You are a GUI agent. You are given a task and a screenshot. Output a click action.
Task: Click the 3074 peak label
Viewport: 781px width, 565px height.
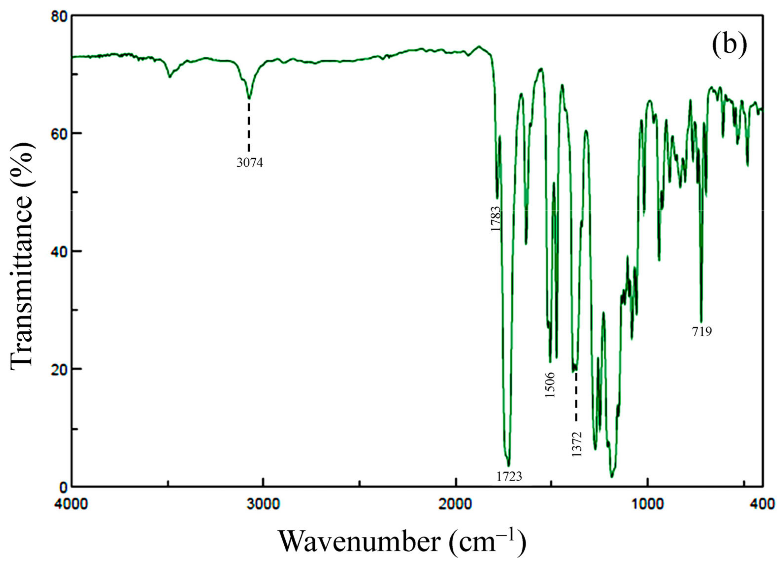tap(249, 162)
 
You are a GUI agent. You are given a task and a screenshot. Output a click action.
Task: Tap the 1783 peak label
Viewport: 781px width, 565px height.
tap(496, 219)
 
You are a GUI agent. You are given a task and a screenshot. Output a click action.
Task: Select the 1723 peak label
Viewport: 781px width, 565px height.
tap(509, 477)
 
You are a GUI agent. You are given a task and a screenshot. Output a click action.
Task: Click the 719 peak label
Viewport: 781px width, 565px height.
tap(701, 332)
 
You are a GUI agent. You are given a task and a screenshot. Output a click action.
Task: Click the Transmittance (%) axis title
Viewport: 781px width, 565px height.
tap(22, 251)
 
